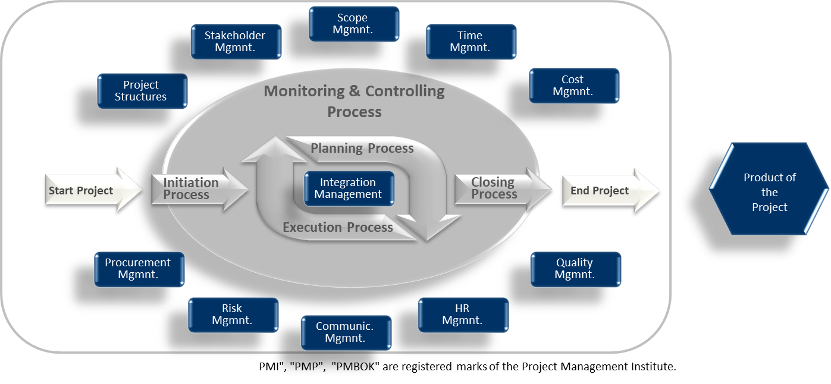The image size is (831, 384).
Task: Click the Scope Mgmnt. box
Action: [x=354, y=24]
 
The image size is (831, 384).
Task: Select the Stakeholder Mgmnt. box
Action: [x=236, y=42]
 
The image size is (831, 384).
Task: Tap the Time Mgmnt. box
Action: [x=471, y=42]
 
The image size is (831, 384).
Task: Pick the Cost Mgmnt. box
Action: [x=573, y=86]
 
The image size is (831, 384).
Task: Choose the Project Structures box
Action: [x=142, y=91]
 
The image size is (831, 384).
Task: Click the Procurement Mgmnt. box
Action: [x=139, y=269]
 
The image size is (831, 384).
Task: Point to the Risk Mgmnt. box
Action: [x=233, y=314]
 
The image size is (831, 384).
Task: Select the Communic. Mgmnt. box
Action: [x=346, y=332]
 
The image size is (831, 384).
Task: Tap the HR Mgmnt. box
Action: [x=463, y=314]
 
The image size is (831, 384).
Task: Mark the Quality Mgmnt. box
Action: [x=575, y=269]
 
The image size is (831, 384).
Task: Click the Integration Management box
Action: [x=349, y=188]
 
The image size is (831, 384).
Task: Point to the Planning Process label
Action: [x=362, y=149]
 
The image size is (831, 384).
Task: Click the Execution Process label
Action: [x=338, y=228]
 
